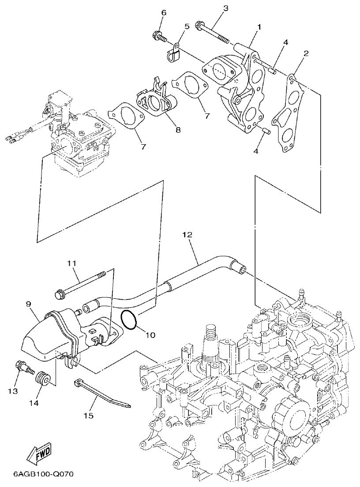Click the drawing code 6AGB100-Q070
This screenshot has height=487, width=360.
[x=43, y=475]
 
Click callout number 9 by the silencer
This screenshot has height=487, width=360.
[x=28, y=304]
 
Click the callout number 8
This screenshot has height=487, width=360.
[x=178, y=130]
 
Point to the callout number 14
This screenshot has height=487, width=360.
[x=34, y=403]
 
